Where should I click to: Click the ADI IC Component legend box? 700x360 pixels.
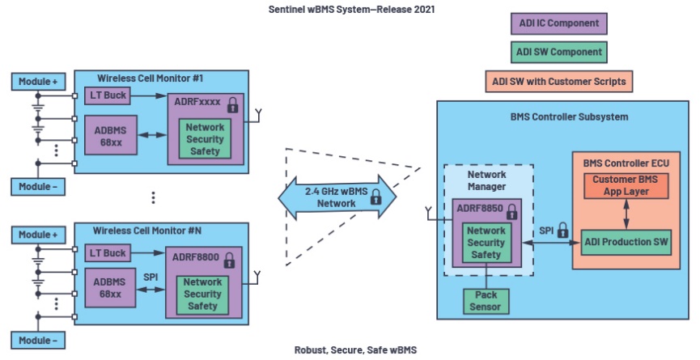558,23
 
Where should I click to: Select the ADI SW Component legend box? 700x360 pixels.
558,52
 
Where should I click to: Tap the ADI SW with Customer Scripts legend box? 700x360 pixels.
558,81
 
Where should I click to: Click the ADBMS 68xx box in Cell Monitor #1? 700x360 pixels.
110,134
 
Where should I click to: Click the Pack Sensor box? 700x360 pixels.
486,302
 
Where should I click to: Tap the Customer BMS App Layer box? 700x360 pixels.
625,186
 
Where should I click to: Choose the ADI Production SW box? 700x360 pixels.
625,241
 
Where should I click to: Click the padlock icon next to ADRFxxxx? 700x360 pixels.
233,104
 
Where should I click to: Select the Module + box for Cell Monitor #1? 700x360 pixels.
37,81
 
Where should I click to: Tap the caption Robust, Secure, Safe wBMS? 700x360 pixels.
349,351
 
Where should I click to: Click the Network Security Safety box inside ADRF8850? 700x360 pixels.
486,243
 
